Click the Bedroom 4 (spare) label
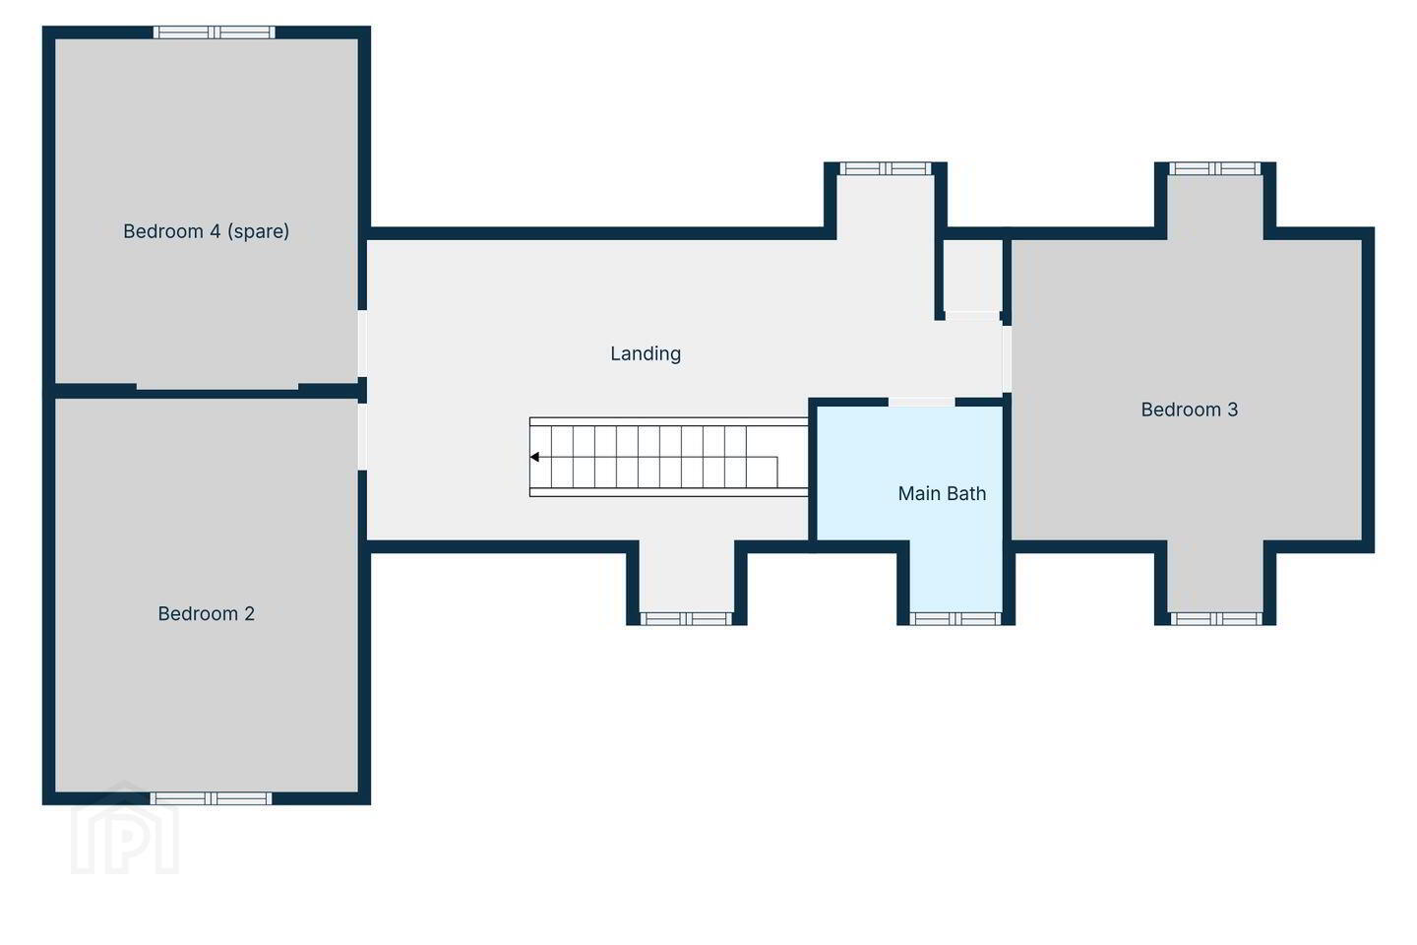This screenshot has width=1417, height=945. pyautogui.click(x=207, y=231)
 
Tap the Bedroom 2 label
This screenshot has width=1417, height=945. pyautogui.click(x=207, y=613)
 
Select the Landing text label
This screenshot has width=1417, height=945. pyautogui.click(x=646, y=353)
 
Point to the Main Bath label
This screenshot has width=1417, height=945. pyautogui.click(x=942, y=494)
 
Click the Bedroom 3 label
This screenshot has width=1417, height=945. pyautogui.click(x=1190, y=409)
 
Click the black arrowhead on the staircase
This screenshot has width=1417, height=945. pyautogui.click(x=534, y=457)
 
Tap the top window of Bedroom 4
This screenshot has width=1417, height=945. pyautogui.click(x=215, y=32)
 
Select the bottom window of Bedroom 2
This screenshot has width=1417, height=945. pyautogui.click(x=211, y=798)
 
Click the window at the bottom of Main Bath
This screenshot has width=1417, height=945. pyautogui.click(x=955, y=618)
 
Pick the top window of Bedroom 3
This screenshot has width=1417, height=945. pyautogui.click(x=1214, y=168)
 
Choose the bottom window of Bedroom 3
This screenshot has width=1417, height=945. pyautogui.click(x=1216, y=618)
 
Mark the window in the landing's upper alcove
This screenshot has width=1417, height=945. pyautogui.click(x=886, y=168)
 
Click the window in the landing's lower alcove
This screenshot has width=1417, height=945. pyautogui.click(x=687, y=618)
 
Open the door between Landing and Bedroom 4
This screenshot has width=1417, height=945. pyautogui.click(x=362, y=344)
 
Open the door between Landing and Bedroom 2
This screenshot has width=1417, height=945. pyautogui.click(x=362, y=437)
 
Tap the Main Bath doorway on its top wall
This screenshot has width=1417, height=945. pyautogui.click(x=922, y=402)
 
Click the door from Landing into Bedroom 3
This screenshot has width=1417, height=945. pyautogui.click(x=1007, y=359)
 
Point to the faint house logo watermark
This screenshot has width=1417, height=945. pyautogui.click(x=125, y=828)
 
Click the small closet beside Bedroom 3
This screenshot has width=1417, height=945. pyautogui.click(x=973, y=276)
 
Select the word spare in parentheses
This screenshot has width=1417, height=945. pyautogui.click(x=258, y=231)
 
